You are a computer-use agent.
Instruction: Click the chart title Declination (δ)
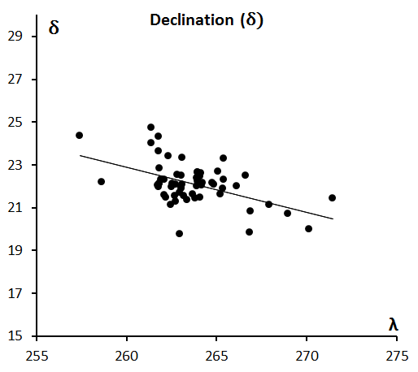pyautogui.click(x=207, y=20)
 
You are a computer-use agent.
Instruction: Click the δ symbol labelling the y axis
pyautogui.click(x=54, y=28)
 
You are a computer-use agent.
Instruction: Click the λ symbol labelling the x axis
pyautogui.click(x=394, y=324)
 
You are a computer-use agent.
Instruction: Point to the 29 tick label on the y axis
pyautogui.click(x=15, y=36)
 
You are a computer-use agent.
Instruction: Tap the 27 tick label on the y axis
pyautogui.click(x=15, y=80)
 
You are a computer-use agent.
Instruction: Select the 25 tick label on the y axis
pyautogui.click(x=15, y=123)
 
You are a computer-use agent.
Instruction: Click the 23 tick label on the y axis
pyautogui.click(x=15, y=165)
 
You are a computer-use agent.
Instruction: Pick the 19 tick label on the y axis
pyautogui.click(x=15, y=250)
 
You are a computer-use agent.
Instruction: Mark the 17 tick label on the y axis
pyautogui.click(x=15, y=293)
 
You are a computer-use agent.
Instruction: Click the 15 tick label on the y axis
pyautogui.click(x=15, y=336)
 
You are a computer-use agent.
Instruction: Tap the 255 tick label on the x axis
pyautogui.click(x=37, y=356)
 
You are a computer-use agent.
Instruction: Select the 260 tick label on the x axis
pyautogui.click(x=127, y=356)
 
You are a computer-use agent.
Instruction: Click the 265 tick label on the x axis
pyautogui.click(x=216, y=356)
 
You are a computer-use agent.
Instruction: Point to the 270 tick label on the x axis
pyautogui.click(x=307, y=356)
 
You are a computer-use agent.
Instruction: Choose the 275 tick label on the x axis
pyautogui.click(x=397, y=356)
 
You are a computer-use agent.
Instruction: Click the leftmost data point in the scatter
pyautogui.click(x=79, y=135)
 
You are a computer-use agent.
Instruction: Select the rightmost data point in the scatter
pyautogui.click(x=332, y=197)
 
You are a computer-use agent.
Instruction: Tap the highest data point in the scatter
pyautogui.click(x=151, y=127)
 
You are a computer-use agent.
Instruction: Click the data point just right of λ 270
pyautogui.click(x=308, y=228)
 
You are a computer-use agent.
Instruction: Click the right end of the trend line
pyautogui.click(x=333, y=218)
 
